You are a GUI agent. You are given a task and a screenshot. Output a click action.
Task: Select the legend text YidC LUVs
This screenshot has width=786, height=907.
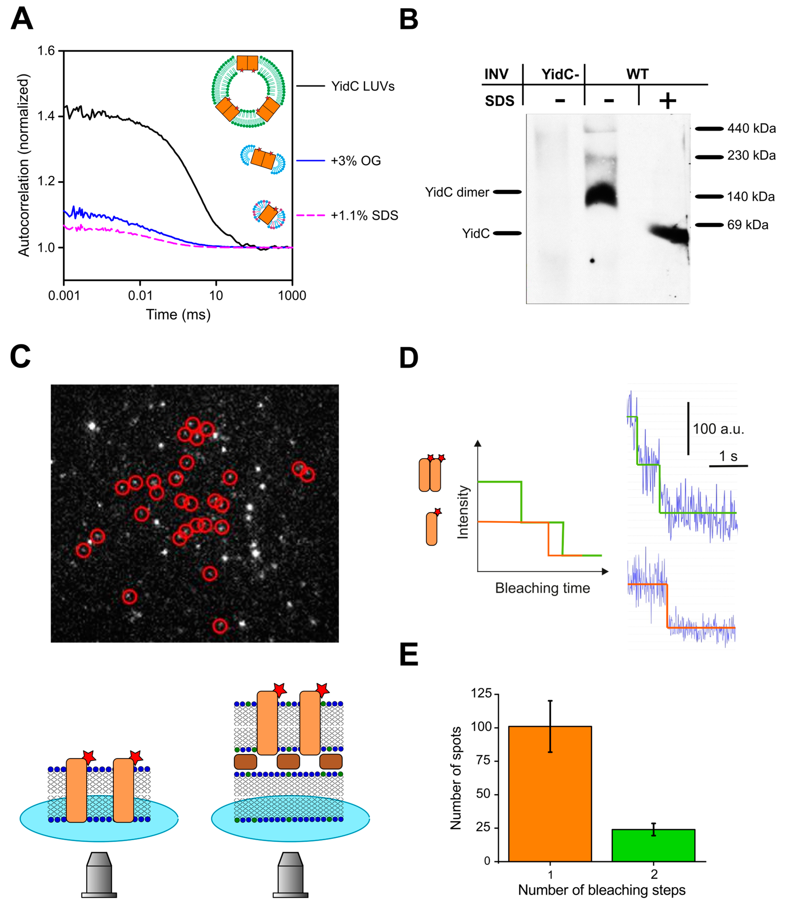(363, 86)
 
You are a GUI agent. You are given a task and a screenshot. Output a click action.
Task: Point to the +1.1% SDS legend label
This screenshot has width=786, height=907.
(364, 215)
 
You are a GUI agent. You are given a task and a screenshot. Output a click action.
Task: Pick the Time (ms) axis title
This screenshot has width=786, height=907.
(178, 315)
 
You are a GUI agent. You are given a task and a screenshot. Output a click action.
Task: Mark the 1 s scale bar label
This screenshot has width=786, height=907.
(728, 456)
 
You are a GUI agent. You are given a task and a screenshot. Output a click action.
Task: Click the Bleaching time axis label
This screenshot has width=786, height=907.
(543, 588)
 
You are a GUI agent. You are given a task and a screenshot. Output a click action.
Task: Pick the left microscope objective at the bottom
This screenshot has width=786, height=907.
(99, 874)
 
